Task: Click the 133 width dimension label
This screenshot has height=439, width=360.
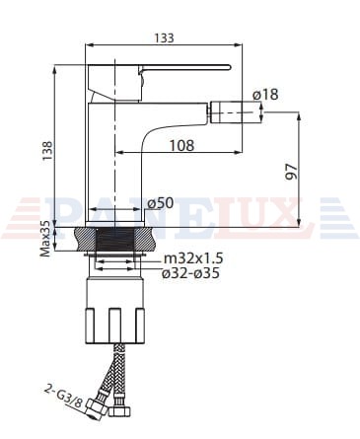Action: [x=164, y=38]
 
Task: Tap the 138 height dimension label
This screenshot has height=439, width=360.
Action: [x=47, y=151]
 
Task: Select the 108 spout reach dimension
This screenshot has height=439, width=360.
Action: [x=181, y=145]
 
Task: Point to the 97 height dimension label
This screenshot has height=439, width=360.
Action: [x=291, y=172]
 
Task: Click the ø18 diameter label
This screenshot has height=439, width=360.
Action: [x=265, y=95]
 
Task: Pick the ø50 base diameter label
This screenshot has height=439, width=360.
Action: [x=160, y=203]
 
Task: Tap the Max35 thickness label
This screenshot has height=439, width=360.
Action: [x=45, y=238]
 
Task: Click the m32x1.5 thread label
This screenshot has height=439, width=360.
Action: [x=193, y=258]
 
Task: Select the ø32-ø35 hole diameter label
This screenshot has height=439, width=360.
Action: [x=190, y=273]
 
